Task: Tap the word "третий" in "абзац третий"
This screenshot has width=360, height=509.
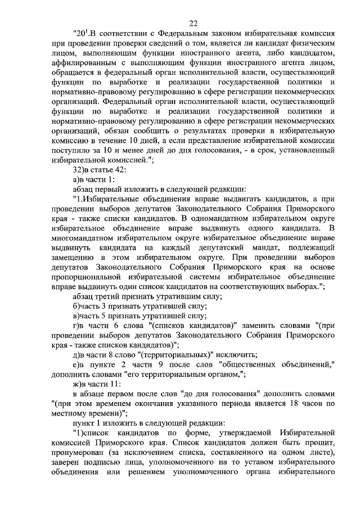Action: click(x=111, y=296)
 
